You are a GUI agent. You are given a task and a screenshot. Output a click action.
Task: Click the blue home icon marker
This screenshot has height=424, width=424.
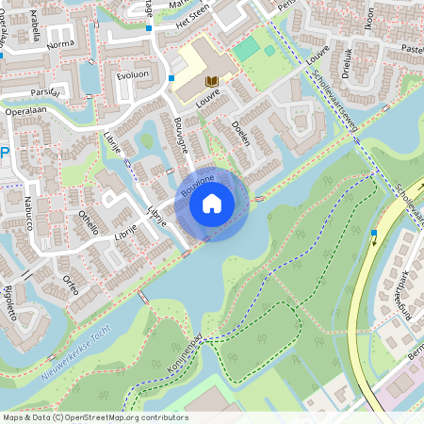pyautogui.click(x=212, y=203)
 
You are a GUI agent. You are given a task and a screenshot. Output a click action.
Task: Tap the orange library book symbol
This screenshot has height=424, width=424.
pyautogui.click(x=211, y=82)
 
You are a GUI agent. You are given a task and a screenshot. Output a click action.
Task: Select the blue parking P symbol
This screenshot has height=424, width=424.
pyautogui.click(x=4, y=153)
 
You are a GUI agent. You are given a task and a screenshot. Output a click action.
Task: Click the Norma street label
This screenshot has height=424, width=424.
pyautogui.click(x=59, y=44)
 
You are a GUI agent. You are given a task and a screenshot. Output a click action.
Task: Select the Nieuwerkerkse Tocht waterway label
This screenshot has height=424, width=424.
pyautogui.click(x=74, y=363)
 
